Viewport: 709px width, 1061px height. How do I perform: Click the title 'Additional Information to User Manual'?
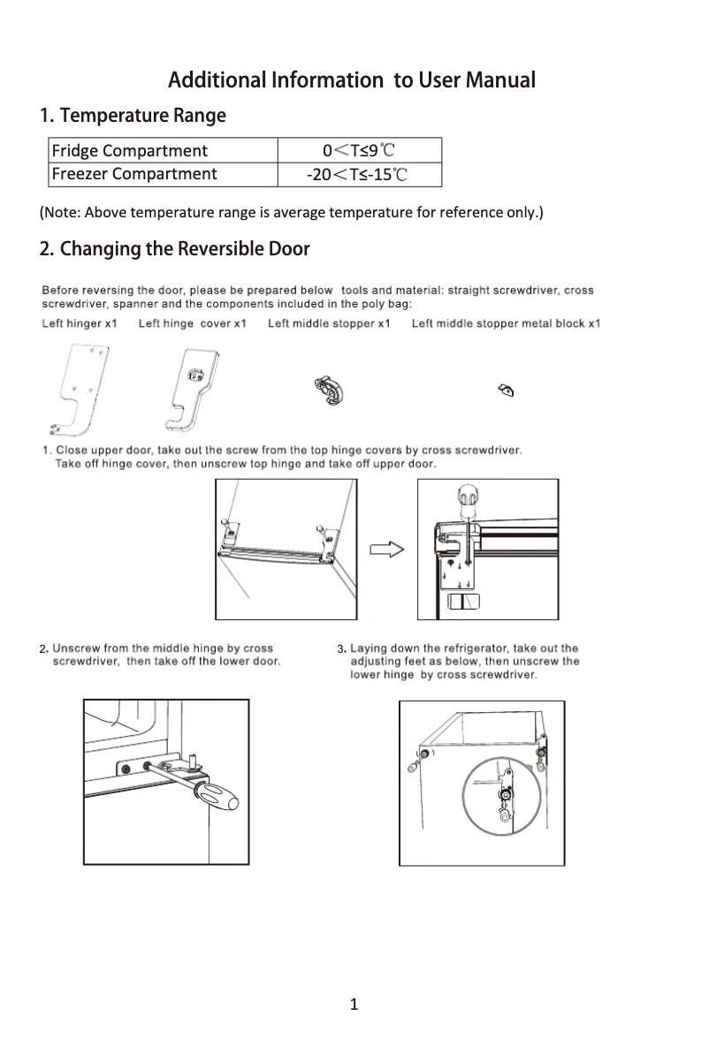click(x=352, y=80)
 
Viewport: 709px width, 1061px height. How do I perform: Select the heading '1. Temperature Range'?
click(x=133, y=116)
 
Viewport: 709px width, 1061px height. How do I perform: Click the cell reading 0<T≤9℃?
click(x=359, y=150)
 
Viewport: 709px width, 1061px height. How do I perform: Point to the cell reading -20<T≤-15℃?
click(x=357, y=174)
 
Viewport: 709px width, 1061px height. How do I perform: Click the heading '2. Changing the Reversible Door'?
click(x=175, y=248)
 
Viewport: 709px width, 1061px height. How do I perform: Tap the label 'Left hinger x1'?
click(x=80, y=323)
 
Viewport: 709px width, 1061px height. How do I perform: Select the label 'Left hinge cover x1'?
click(x=192, y=323)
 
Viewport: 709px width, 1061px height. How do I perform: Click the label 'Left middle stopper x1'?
click(x=329, y=323)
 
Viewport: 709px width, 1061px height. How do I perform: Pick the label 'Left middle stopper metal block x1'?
click(x=506, y=323)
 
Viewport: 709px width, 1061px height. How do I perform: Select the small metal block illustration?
click(x=507, y=389)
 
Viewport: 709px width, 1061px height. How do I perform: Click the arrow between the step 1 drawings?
click(x=386, y=549)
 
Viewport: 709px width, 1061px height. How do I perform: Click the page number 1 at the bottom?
click(x=354, y=1004)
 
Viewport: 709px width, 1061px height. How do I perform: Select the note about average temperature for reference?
click(x=292, y=213)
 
